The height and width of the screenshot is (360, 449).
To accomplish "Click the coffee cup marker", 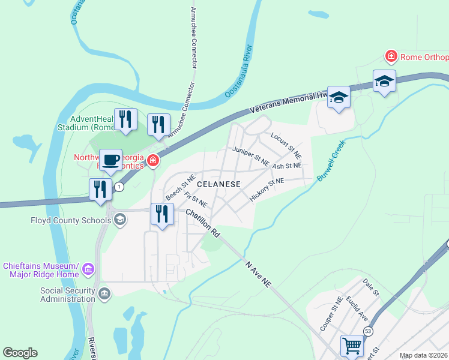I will [x=110, y=160].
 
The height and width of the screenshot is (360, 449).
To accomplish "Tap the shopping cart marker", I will [x=352, y=346].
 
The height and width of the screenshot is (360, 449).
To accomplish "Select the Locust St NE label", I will [x=286, y=146].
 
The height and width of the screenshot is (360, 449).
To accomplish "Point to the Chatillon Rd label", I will [x=203, y=223].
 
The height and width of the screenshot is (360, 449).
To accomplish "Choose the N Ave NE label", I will [x=259, y=274].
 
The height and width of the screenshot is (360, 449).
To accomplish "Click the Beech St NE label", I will [x=180, y=188].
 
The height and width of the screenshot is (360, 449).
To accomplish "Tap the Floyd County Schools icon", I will [x=120, y=220].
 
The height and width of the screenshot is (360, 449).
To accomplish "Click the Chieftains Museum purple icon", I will [x=88, y=268].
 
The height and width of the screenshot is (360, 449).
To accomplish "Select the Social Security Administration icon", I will [x=104, y=293].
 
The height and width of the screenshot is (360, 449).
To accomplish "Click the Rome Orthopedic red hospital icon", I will [x=391, y=57].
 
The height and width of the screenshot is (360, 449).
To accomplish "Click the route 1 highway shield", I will [x=119, y=187].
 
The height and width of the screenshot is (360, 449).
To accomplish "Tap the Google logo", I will [x=20, y=353].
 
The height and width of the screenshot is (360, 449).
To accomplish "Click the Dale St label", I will [x=371, y=286].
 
